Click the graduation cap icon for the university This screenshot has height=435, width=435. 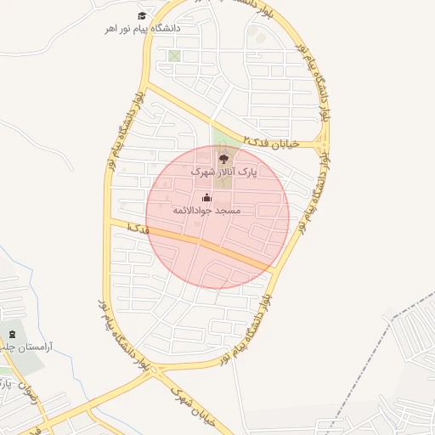(x=142, y=15)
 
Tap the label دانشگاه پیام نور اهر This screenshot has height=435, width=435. (x=142, y=28)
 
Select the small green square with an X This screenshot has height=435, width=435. (x=174, y=56)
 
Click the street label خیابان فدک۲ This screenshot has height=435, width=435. (x=271, y=141)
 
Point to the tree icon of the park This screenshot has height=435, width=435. (x=223, y=157)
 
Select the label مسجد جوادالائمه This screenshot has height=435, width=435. (x=206, y=210)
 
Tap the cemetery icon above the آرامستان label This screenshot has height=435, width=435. (x=11, y=333)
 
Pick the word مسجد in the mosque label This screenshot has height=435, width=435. (x=229, y=210)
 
